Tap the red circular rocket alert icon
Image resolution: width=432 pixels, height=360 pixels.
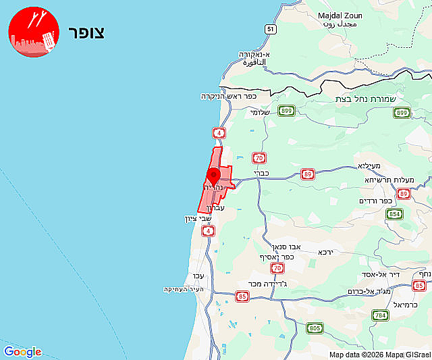click(34, 32)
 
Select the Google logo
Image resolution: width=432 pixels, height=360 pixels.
click(22, 352)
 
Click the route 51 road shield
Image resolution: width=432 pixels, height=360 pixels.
click(270, 29)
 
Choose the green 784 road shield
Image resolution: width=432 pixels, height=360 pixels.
click(380, 315)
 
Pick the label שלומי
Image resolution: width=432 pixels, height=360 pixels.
click(260, 113)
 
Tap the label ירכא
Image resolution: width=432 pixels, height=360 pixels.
click(327, 251)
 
